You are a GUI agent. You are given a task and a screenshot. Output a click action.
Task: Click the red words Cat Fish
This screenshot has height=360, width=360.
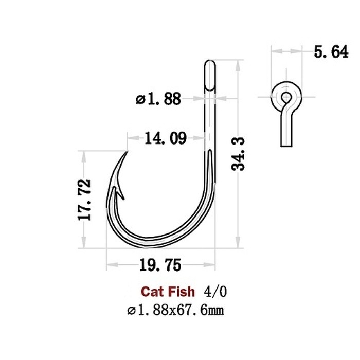168,292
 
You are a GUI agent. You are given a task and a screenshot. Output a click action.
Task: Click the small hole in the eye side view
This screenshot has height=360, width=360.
285,96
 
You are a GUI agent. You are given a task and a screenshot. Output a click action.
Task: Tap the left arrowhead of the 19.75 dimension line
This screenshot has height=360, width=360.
110,265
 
